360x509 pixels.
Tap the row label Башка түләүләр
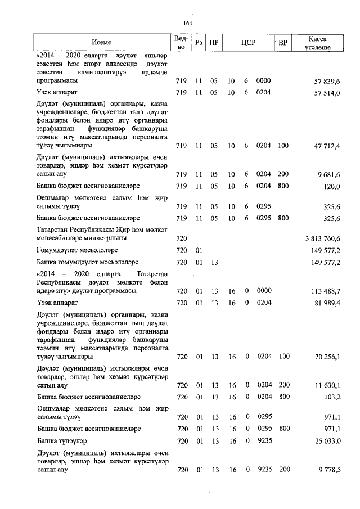[62, 440]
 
